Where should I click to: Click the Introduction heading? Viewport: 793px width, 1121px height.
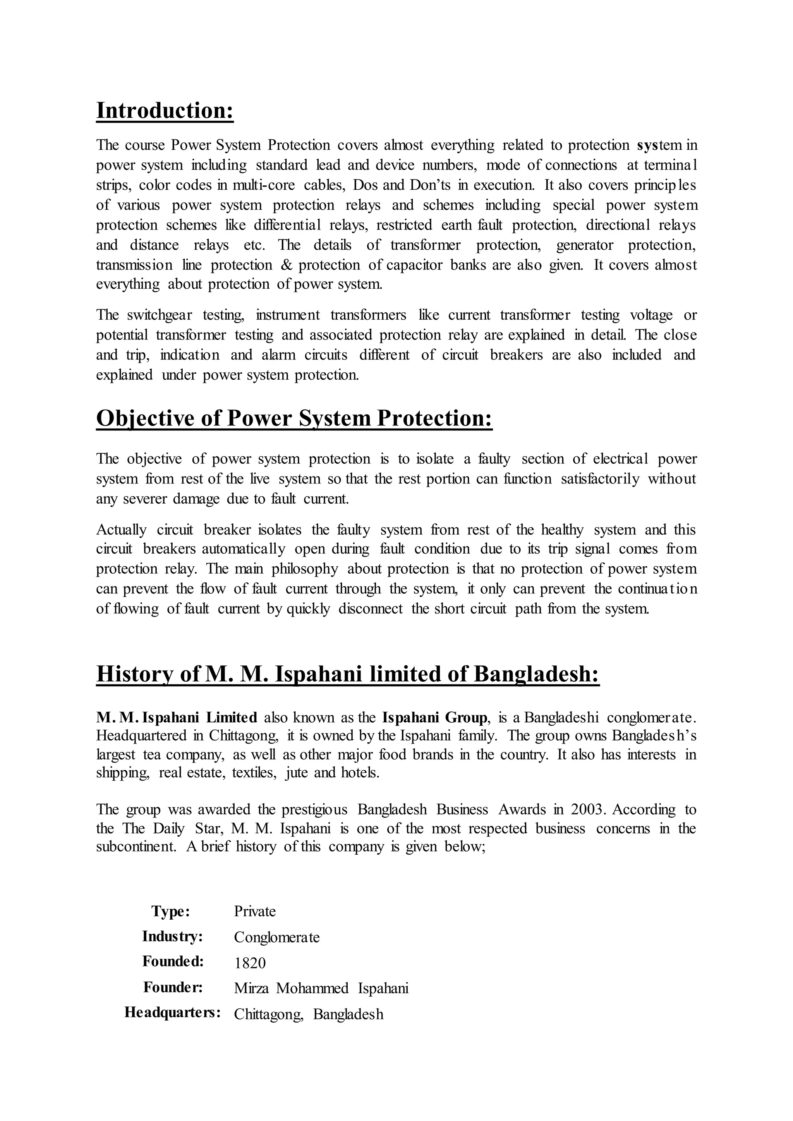click(165, 110)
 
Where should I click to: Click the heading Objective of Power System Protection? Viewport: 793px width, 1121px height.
click(294, 418)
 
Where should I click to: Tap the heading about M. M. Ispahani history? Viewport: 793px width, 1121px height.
click(347, 674)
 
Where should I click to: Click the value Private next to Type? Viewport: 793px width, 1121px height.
click(255, 911)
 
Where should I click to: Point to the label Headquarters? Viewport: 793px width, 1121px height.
click(172, 1012)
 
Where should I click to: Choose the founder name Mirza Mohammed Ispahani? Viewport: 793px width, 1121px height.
click(321, 988)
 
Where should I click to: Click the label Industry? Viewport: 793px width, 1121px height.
click(172, 936)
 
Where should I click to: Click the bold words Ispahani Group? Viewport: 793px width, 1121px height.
click(434, 718)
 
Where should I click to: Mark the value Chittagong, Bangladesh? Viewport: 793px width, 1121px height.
click(309, 1014)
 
